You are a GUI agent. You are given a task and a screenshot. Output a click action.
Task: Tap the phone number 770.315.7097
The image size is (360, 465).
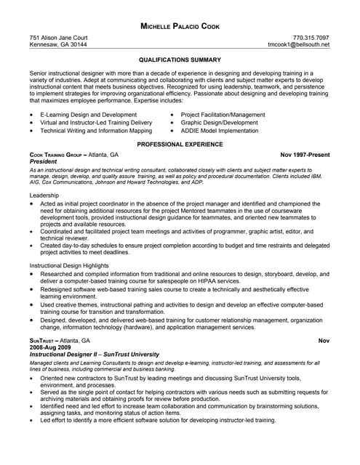[x=311, y=37]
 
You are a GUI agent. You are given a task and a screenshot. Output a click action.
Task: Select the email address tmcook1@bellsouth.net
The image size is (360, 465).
[x=299, y=45]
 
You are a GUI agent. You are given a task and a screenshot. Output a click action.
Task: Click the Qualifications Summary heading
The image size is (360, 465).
[x=180, y=61]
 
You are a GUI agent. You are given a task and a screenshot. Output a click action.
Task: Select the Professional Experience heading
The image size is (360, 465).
[x=180, y=145]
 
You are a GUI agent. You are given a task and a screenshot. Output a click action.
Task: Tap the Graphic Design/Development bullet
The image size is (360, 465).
[x=219, y=123]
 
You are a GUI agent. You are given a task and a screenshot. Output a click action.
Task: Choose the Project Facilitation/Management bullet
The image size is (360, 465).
[x=223, y=115]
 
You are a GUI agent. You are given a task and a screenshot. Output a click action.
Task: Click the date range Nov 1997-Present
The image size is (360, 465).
[x=305, y=155]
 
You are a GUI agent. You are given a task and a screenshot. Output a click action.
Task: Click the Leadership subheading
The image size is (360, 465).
[x=44, y=196]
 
